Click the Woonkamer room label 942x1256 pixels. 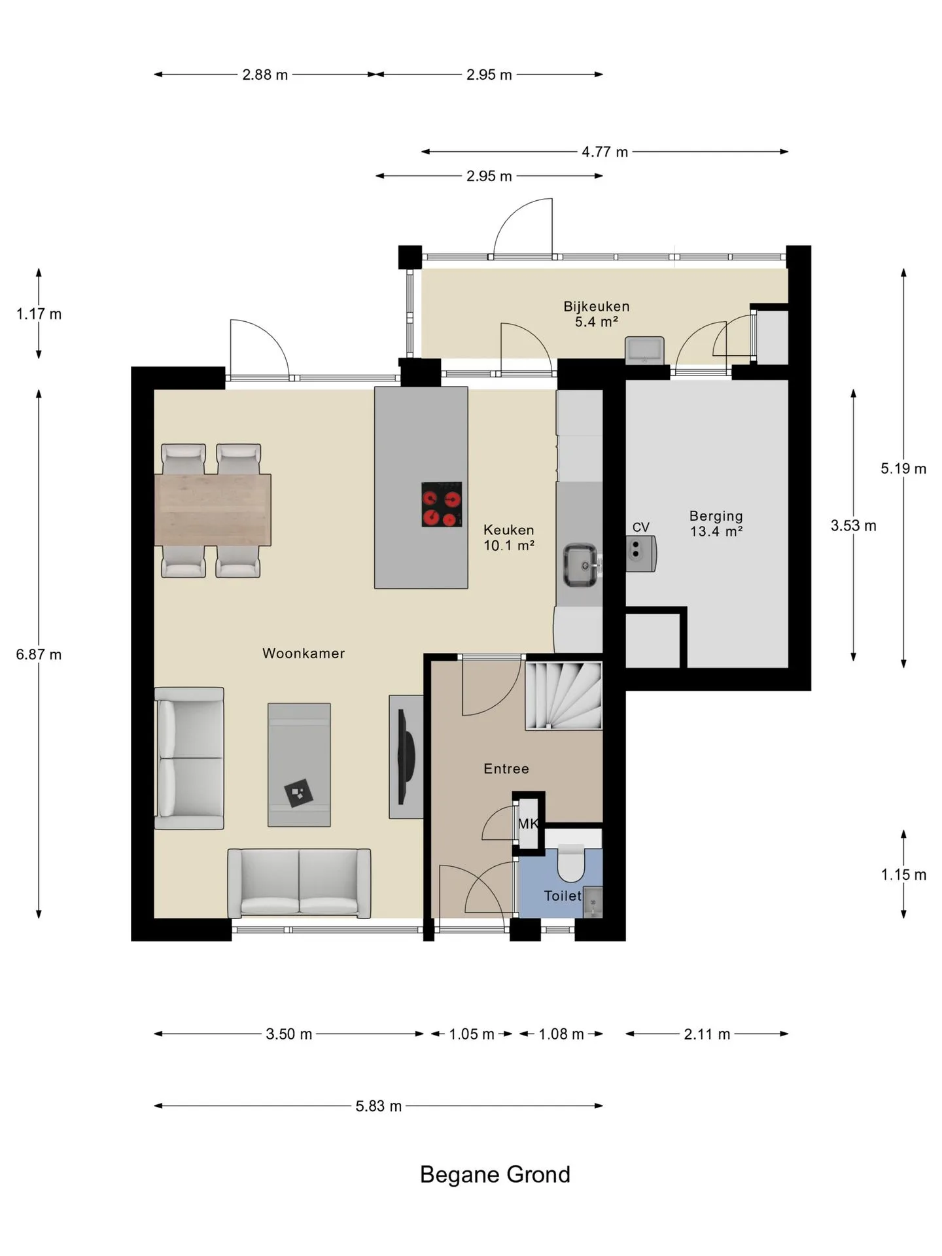[x=304, y=653]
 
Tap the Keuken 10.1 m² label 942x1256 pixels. [x=509, y=538]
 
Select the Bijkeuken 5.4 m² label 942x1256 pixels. [x=597, y=314]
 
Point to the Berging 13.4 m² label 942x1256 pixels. [x=716, y=524]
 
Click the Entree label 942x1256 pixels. [x=506, y=769]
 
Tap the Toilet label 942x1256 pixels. [x=563, y=896]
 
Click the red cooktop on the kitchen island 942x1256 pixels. [x=442, y=504]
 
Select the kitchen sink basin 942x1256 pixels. [x=581, y=565]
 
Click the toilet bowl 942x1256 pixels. [x=571, y=863]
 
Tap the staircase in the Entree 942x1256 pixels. [x=564, y=695]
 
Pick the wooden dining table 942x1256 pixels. [x=213, y=510]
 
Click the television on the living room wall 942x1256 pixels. [x=406, y=757]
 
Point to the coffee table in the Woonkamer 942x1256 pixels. [x=299, y=765]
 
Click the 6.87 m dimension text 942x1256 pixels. [x=39, y=654]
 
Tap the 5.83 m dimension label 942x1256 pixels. [x=379, y=1106]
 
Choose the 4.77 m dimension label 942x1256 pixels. [x=605, y=152]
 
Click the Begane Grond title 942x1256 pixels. [x=495, y=1174]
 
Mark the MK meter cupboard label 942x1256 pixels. [x=528, y=824]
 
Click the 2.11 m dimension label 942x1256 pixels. [x=707, y=1034]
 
